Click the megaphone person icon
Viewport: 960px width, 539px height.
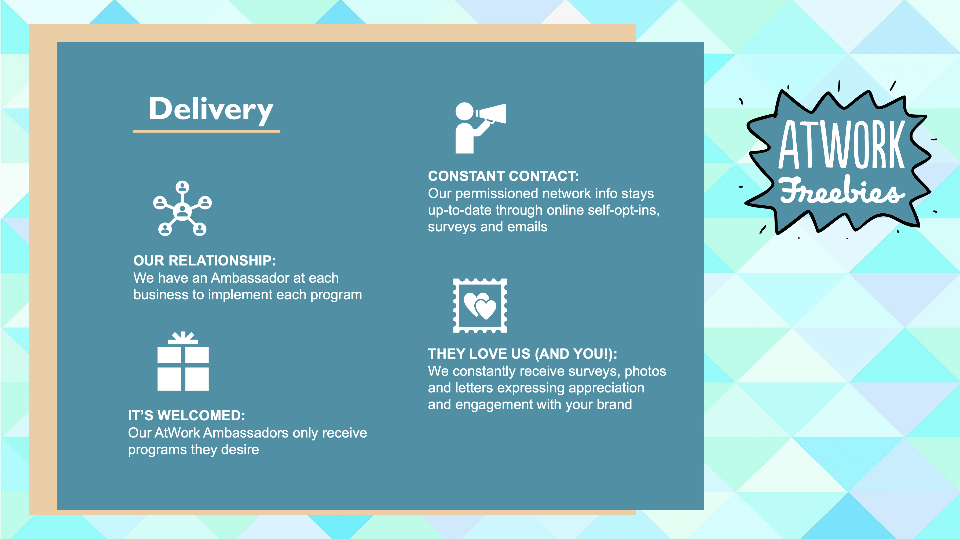point(480,128)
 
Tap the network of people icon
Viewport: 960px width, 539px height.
point(182,208)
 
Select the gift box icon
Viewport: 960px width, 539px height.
point(183,361)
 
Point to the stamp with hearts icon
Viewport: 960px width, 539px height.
point(480,305)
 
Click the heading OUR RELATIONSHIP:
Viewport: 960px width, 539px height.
point(205,261)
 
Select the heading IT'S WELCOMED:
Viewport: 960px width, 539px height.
point(186,415)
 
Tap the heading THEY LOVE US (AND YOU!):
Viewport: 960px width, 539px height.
point(522,354)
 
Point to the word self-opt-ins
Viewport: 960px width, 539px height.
point(624,210)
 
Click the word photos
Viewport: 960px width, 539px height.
point(645,372)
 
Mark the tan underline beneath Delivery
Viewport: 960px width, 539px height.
point(206,131)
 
